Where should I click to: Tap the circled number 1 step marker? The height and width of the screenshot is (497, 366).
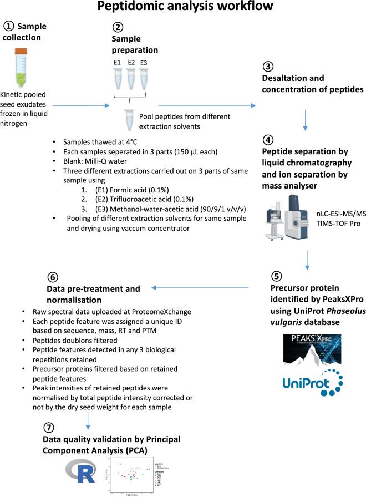9,27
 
